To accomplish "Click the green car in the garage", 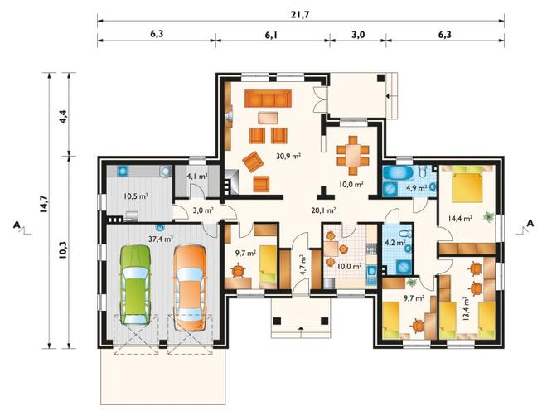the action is tap(136, 284).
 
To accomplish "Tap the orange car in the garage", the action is tap(190, 288).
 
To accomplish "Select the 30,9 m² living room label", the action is tap(288, 157).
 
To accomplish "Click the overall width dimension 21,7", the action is tap(300, 15).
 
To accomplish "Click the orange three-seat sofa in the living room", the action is tap(268, 99).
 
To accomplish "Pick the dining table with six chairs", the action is tap(353, 155).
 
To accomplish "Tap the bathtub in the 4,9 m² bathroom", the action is tap(397, 172).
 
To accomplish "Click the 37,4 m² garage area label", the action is tap(161, 239).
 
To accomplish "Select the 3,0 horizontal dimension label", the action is tap(358, 35).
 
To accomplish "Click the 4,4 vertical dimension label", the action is tap(64, 114).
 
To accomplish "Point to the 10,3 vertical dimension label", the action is tap(64, 250).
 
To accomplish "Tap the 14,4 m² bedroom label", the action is tap(460, 219).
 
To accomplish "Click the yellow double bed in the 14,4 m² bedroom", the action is tap(467, 184).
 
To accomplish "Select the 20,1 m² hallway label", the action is tap(323, 210).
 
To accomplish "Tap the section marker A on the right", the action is tap(530, 224).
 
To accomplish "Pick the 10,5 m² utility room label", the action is tap(136, 196).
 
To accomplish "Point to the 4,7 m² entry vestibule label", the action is tap(303, 266).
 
